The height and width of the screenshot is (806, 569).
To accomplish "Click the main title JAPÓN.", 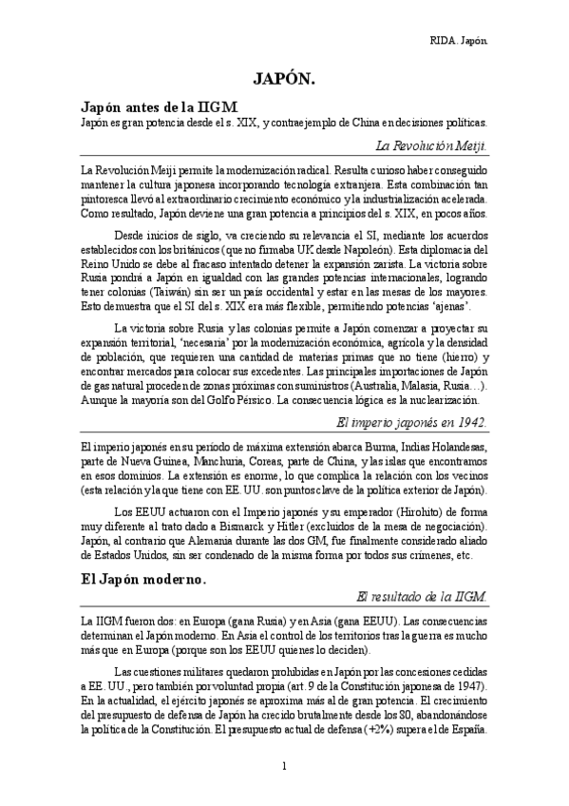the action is pyautogui.click(x=284, y=80).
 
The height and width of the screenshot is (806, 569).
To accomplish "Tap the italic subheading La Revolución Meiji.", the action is pyautogui.click(x=431, y=145).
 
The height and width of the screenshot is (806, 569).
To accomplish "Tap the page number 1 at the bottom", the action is pyautogui.click(x=284, y=765).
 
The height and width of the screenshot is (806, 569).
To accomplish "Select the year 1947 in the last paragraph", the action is pyautogui.click(x=463, y=686).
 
